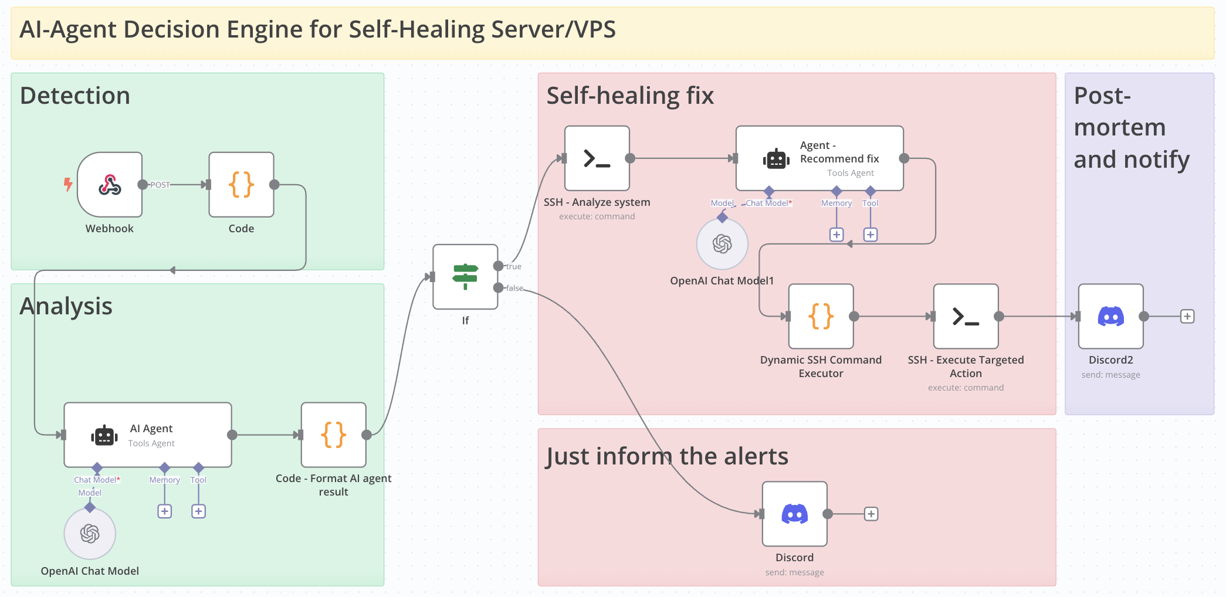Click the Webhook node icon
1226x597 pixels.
click(x=110, y=185)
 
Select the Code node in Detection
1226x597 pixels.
click(x=241, y=185)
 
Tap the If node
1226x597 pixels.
click(x=465, y=276)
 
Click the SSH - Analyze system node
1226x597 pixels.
click(x=597, y=158)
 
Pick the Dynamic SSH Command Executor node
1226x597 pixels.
click(x=821, y=317)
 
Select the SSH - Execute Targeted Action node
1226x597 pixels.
click(x=966, y=317)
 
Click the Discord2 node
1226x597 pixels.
click(x=1111, y=317)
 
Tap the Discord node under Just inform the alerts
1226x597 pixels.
click(x=795, y=514)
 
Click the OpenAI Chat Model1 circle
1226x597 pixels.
click(x=722, y=244)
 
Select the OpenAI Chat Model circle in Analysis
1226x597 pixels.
click(x=90, y=534)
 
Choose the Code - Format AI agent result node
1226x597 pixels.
click(x=334, y=435)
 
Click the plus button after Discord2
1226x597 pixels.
click(x=1187, y=317)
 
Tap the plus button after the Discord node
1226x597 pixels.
click(x=871, y=514)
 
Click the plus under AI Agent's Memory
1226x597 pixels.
click(x=165, y=511)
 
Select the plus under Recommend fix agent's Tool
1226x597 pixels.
click(x=871, y=235)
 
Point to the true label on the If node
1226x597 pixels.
click(x=514, y=266)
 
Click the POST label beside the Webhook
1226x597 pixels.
click(x=160, y=185)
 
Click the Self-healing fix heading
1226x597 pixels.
click(x=630, y=96)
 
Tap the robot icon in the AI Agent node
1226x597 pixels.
click(x=104, y=436)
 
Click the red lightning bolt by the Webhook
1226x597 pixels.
click(x=68, y=185)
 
